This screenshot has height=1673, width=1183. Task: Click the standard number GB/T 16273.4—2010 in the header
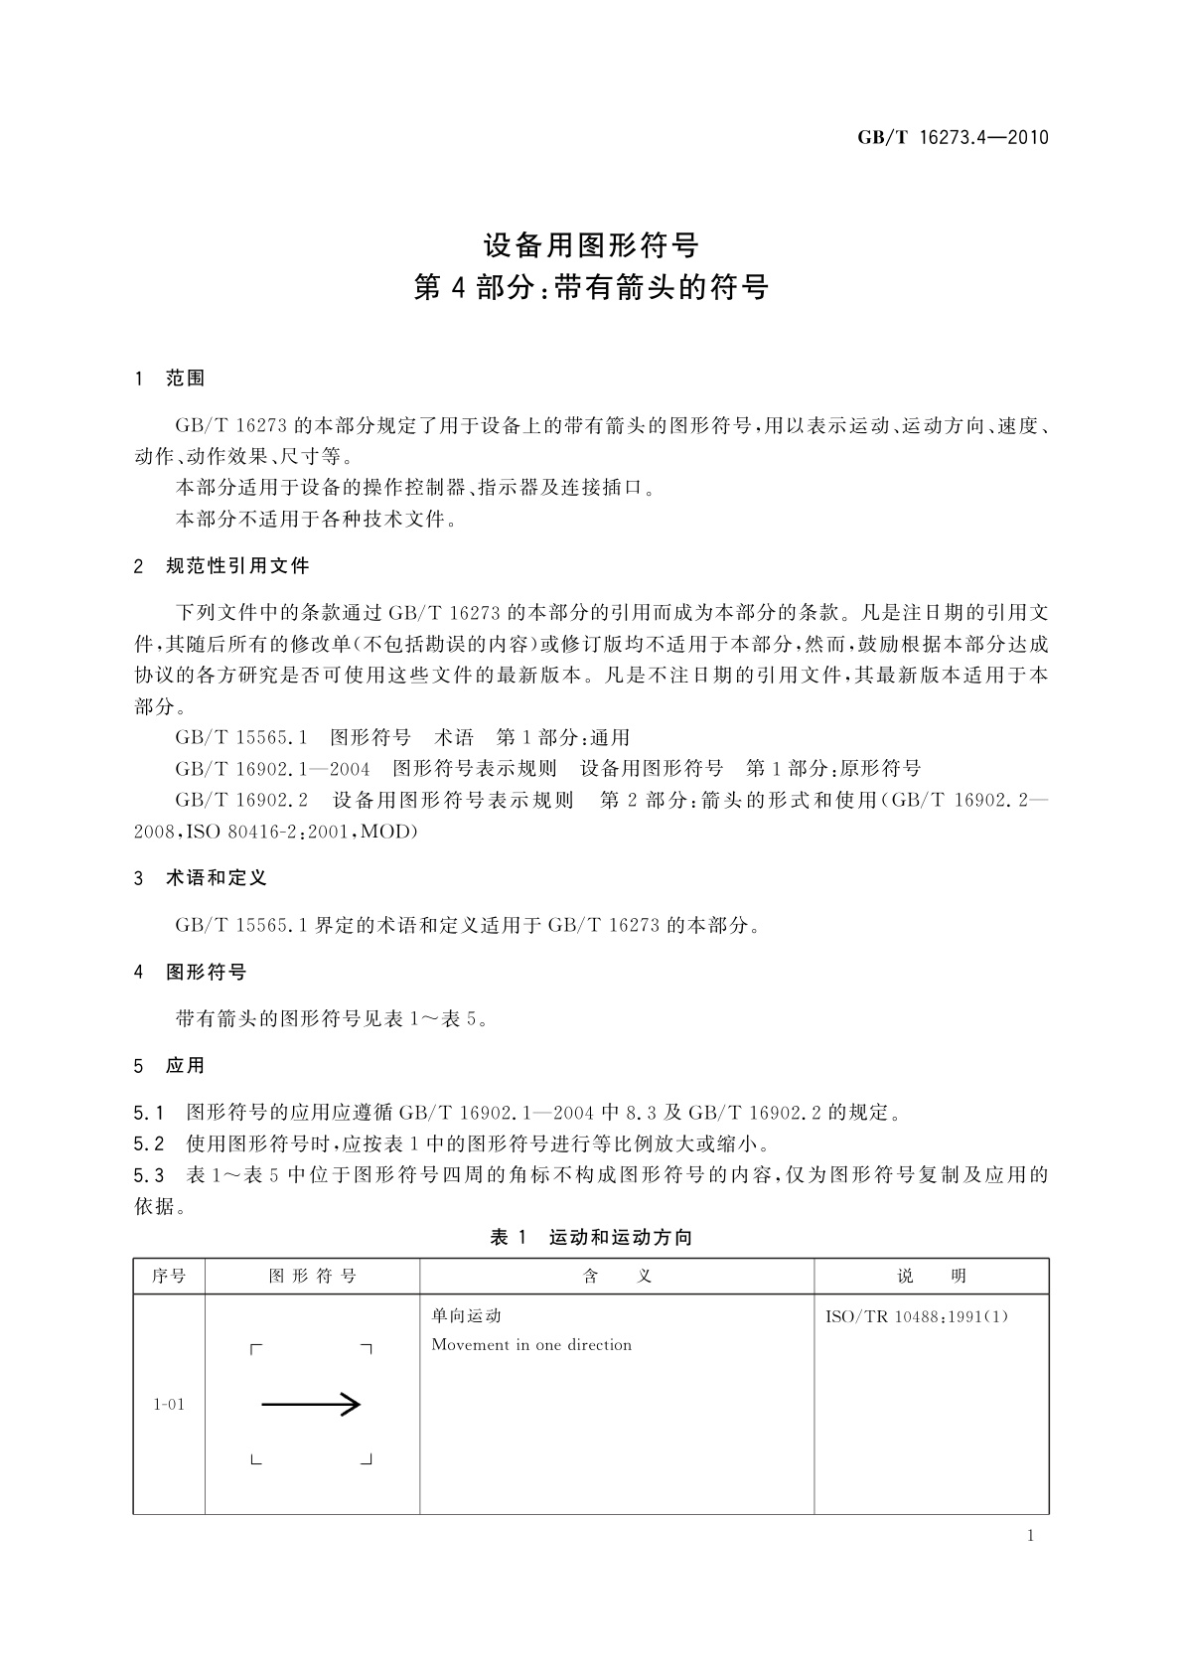(x=953, y=138)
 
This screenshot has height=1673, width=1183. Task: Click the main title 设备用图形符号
(x=591, y=244)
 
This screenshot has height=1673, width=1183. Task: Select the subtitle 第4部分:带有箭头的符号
(x=591, y=288)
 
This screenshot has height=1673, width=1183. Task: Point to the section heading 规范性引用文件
(x=237, y=566)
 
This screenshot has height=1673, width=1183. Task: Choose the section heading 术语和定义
(x=216, y=878)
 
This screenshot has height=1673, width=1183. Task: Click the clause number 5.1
(x=148, y=1113)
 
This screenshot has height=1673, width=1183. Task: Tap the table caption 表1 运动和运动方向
(x=591, y=1238)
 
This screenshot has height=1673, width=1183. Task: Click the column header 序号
(x=169, y=1277)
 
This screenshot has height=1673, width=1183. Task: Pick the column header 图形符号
(x=312, y=1277)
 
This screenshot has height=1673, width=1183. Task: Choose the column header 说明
(x=931, y=1277)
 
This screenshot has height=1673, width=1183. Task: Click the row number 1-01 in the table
(x=169, y=1405)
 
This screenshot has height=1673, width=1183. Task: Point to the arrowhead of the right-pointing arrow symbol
(x=351, y=1404)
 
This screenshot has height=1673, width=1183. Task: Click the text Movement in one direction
(x=531, y=1345)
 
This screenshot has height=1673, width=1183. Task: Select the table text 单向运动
(x=466, y=1316)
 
